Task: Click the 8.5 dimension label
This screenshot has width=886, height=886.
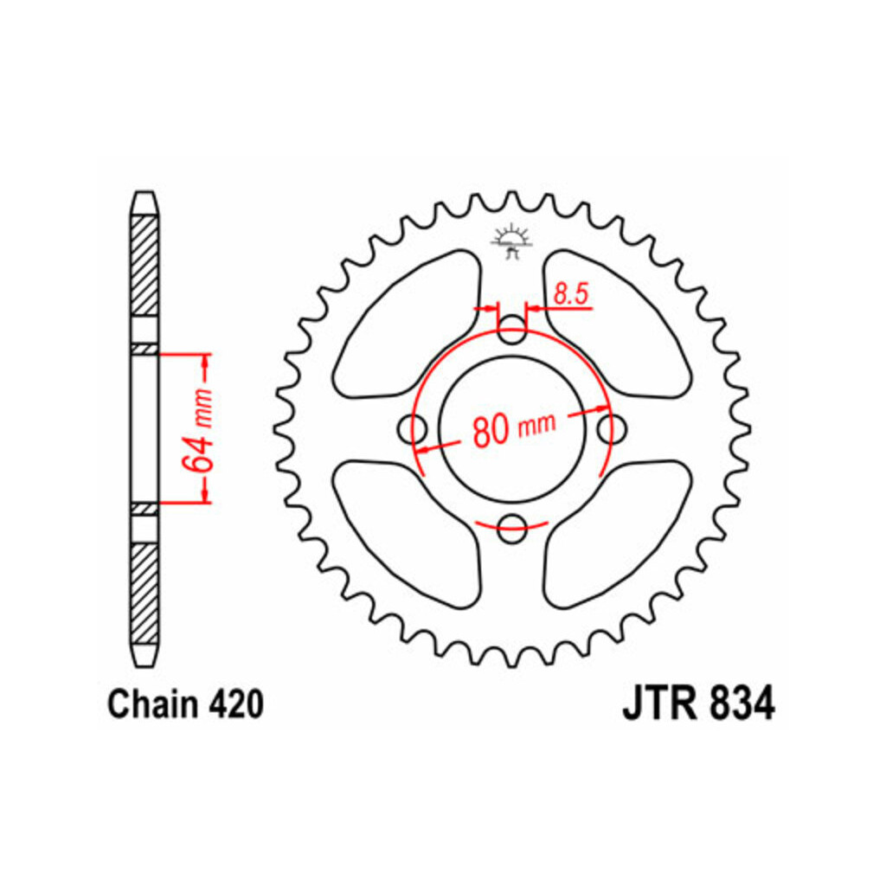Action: tap(571, 294)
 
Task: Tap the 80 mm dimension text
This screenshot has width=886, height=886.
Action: tap(514, 428)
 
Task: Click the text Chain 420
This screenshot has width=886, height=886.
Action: tap(185, 704)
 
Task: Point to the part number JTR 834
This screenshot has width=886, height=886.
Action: tap(698, 704)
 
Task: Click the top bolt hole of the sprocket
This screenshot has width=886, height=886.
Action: tap(512, 329)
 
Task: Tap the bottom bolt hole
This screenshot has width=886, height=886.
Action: tap(512, 529)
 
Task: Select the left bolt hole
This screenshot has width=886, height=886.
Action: tap(413, 429)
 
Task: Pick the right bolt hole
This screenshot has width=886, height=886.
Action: tap(612, 429)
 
